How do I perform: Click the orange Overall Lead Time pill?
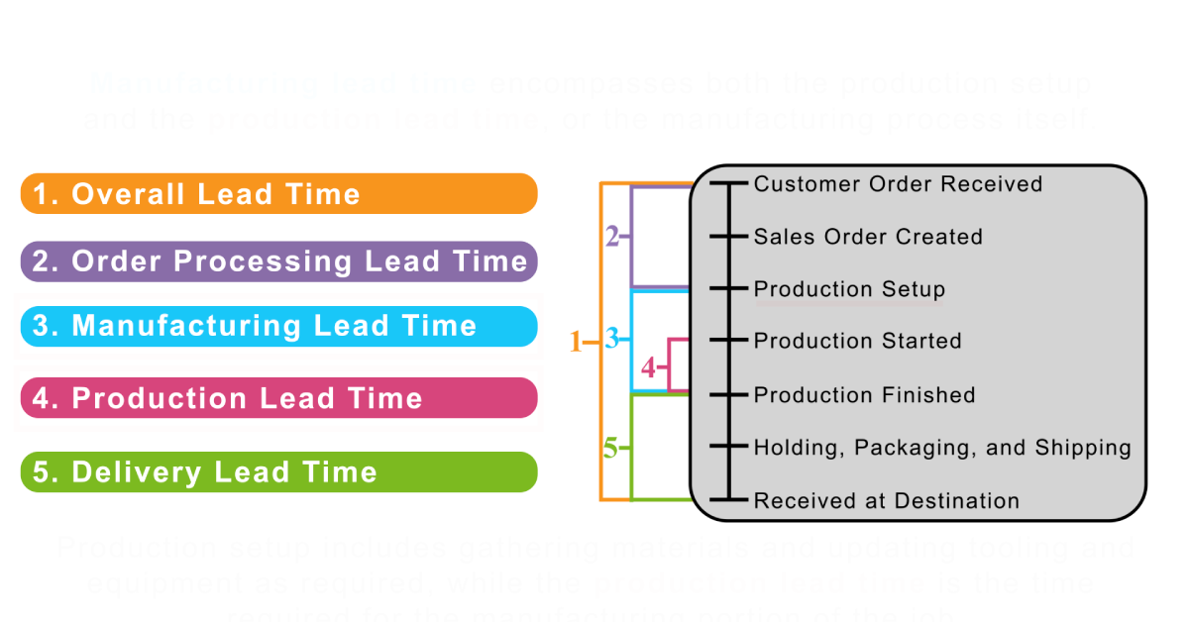(278, 193)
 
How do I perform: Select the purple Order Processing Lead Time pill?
(278, 261)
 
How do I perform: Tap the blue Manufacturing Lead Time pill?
(278, 326)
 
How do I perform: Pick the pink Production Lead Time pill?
(278, 398)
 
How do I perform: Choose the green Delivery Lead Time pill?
(278, 471)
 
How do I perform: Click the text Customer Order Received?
(898, 184)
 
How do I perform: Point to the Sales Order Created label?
(868, 237)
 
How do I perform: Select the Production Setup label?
(849, 289)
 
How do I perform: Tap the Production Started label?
(857, 341)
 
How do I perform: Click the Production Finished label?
(864, 395)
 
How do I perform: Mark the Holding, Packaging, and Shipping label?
(941, 448)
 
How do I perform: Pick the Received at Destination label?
(886, 501)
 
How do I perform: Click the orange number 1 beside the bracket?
(576, 343)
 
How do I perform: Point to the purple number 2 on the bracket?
(612, 237)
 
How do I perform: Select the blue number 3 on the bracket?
(612, 339)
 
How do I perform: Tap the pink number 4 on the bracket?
(648, 368)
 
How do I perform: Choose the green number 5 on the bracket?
(610, 448)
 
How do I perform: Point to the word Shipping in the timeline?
(1082, 448)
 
